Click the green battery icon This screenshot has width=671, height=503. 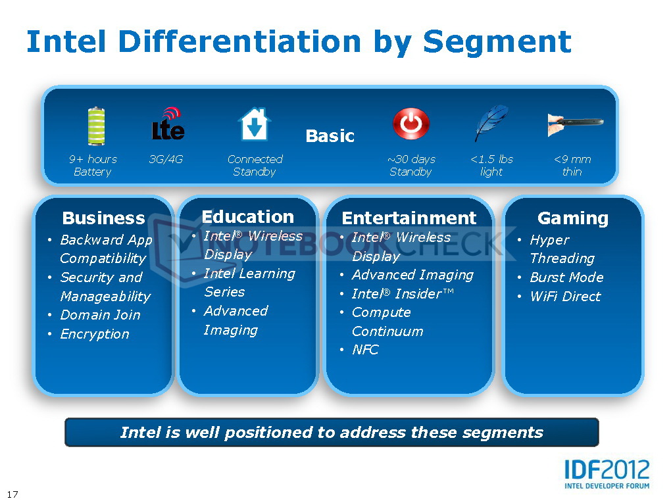pos(96,126)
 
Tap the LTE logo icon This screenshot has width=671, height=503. pos(168,124)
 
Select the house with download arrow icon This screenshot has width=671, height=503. pos(255,124)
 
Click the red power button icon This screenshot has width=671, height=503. pos(410,124)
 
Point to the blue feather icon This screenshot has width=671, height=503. pos(491,123)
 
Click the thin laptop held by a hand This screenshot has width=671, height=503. pos(575,124)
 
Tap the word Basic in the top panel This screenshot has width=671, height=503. pos(330,136)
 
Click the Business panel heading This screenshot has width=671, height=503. pos(103,218)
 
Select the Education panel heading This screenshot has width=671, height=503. pos(248,217)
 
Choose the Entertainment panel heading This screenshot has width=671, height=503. pos(409,218)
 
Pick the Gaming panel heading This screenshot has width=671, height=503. pos(573,218)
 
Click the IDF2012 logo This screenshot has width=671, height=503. pos(607,474)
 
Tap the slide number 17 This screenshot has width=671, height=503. pos(13,494)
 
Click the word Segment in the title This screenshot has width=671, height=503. pos(497,43)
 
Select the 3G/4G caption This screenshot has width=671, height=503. pos(166,160)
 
